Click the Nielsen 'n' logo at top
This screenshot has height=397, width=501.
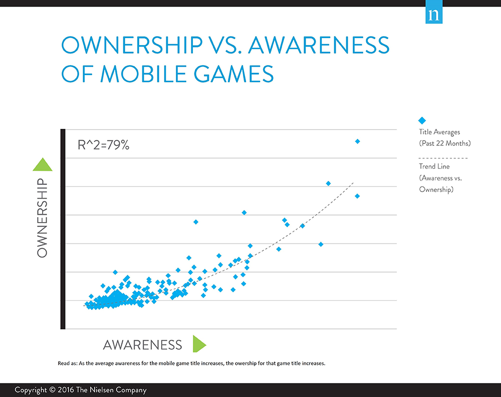[432, 15]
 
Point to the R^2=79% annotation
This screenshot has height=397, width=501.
[104, 145]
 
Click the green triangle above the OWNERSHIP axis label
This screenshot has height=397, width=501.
[42, 164]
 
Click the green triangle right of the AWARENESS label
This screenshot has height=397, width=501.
[199, 344]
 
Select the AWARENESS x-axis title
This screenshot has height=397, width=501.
[142, 345]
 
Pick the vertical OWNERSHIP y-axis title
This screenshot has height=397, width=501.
[42, 218]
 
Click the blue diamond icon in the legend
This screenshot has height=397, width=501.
[422, 120]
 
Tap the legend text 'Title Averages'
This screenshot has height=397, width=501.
[439, 132]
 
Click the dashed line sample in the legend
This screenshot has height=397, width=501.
[443, 158]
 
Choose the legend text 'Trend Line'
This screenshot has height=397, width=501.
[434, 166]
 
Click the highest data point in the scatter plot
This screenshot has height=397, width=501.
[357, 141]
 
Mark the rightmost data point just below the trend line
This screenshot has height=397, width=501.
[357, 196]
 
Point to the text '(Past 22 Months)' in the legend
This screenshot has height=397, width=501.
[444, 143]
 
